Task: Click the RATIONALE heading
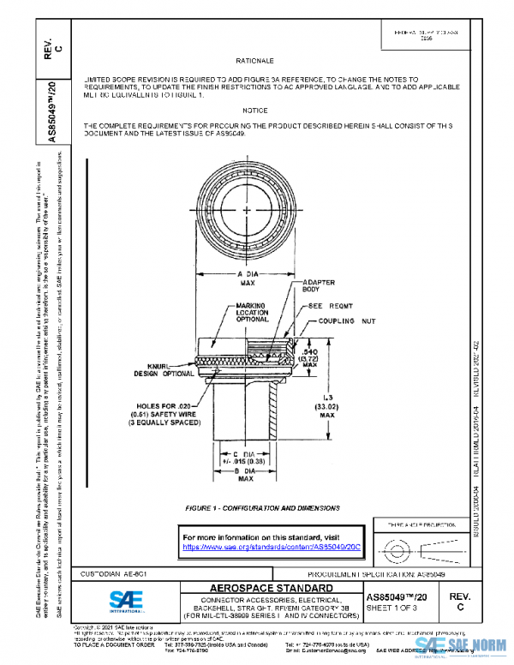coord(254,63)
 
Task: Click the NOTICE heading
coord(254,111)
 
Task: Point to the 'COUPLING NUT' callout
coord(348,321)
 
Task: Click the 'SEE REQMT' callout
coord(324,306)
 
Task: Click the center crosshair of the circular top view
coord(247,211)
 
